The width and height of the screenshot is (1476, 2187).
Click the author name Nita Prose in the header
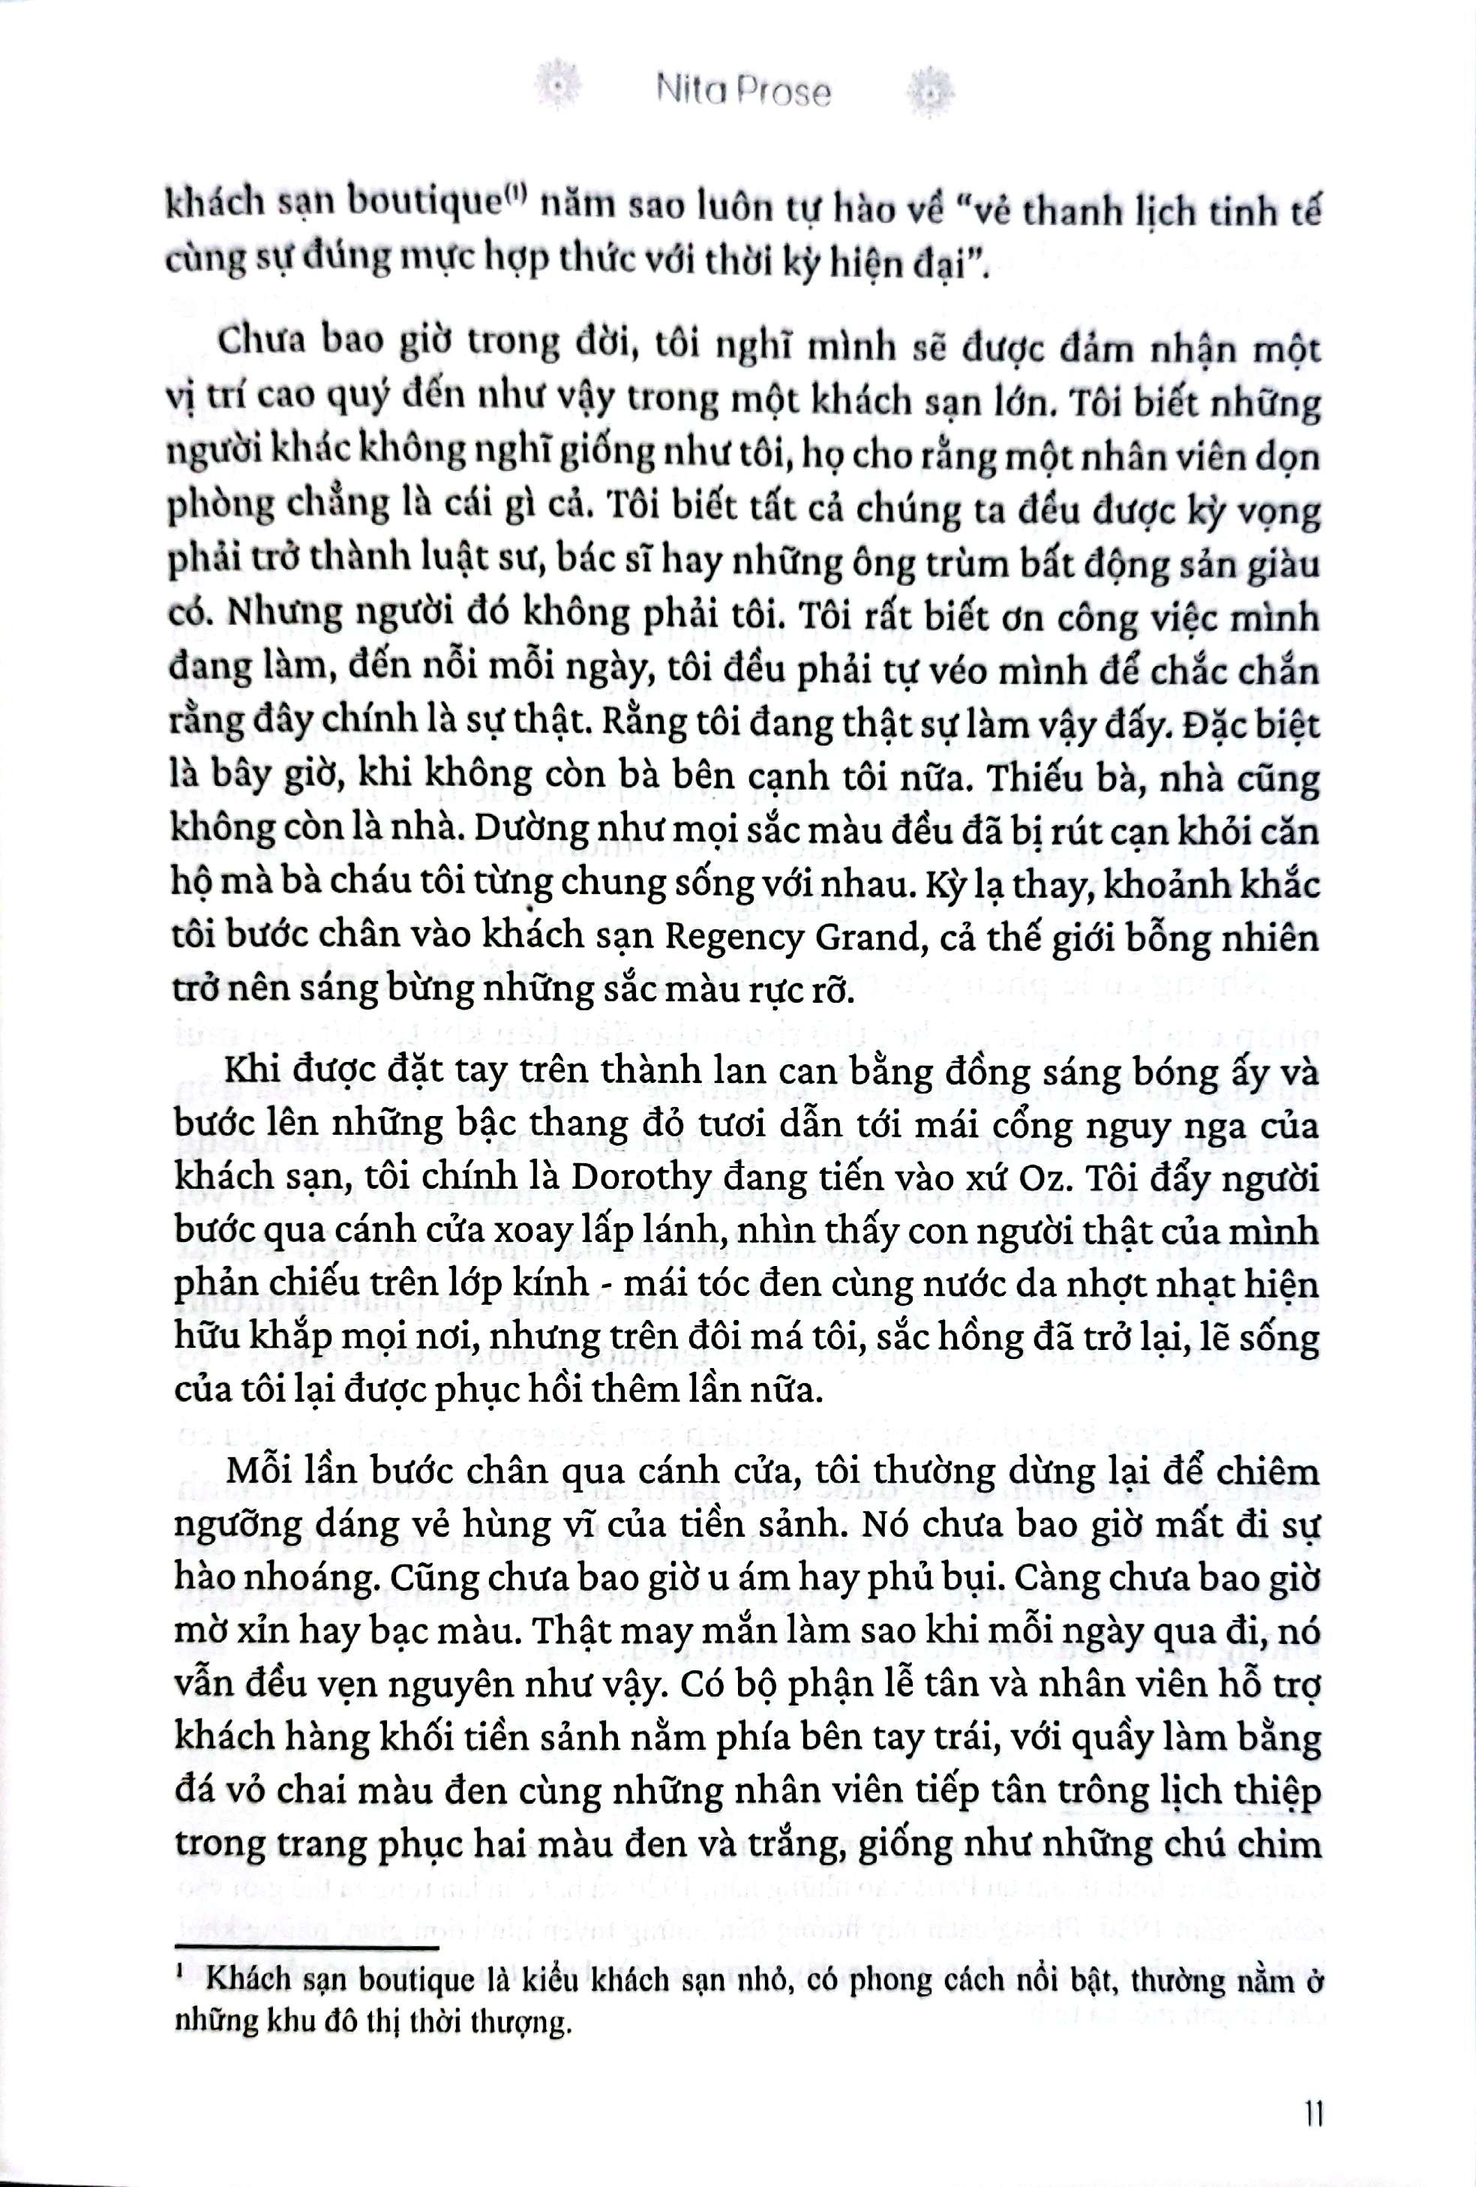click(744, 93)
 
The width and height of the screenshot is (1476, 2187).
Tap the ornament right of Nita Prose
click(930, 91)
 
